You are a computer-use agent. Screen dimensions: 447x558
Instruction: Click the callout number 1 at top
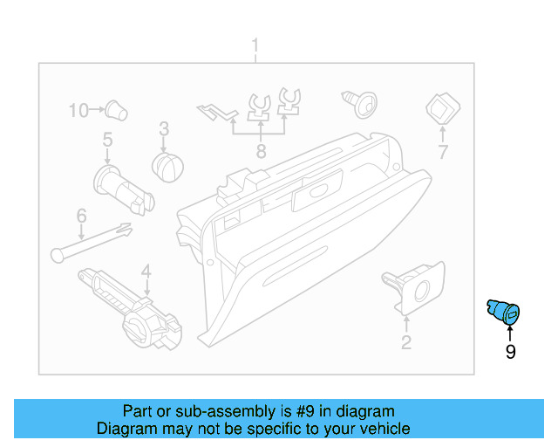(x=255, y=45)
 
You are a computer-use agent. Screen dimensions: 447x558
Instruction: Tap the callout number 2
(x=405, y=342)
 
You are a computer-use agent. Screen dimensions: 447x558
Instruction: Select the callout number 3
(x=163, y=129)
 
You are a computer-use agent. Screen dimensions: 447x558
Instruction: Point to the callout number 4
(x=146, y=271)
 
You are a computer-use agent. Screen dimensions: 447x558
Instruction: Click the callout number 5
(x=107, y=140)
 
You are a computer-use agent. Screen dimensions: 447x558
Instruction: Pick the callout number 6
(x=81, y=215)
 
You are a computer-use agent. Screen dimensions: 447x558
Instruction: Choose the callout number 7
(x=442, y=152)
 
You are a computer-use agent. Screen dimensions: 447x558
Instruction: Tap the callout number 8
(x=260, y=152)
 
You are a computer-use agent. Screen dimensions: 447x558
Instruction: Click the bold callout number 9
(x=510, y=352)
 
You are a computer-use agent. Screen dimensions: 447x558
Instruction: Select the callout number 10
(x=79, y=110)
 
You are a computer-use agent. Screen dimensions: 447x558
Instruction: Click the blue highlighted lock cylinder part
(x=503, y=311)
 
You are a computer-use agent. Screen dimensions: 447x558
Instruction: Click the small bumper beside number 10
(x=116, y=109)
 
